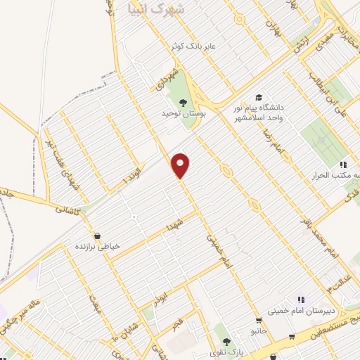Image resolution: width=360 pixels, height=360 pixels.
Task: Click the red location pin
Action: coord(181,165)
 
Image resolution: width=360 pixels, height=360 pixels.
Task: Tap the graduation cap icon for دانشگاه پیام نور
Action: coord(259,97)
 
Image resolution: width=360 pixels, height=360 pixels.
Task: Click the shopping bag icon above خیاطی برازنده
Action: coord(97,236)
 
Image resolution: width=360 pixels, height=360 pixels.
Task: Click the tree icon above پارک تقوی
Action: coord(226,340)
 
